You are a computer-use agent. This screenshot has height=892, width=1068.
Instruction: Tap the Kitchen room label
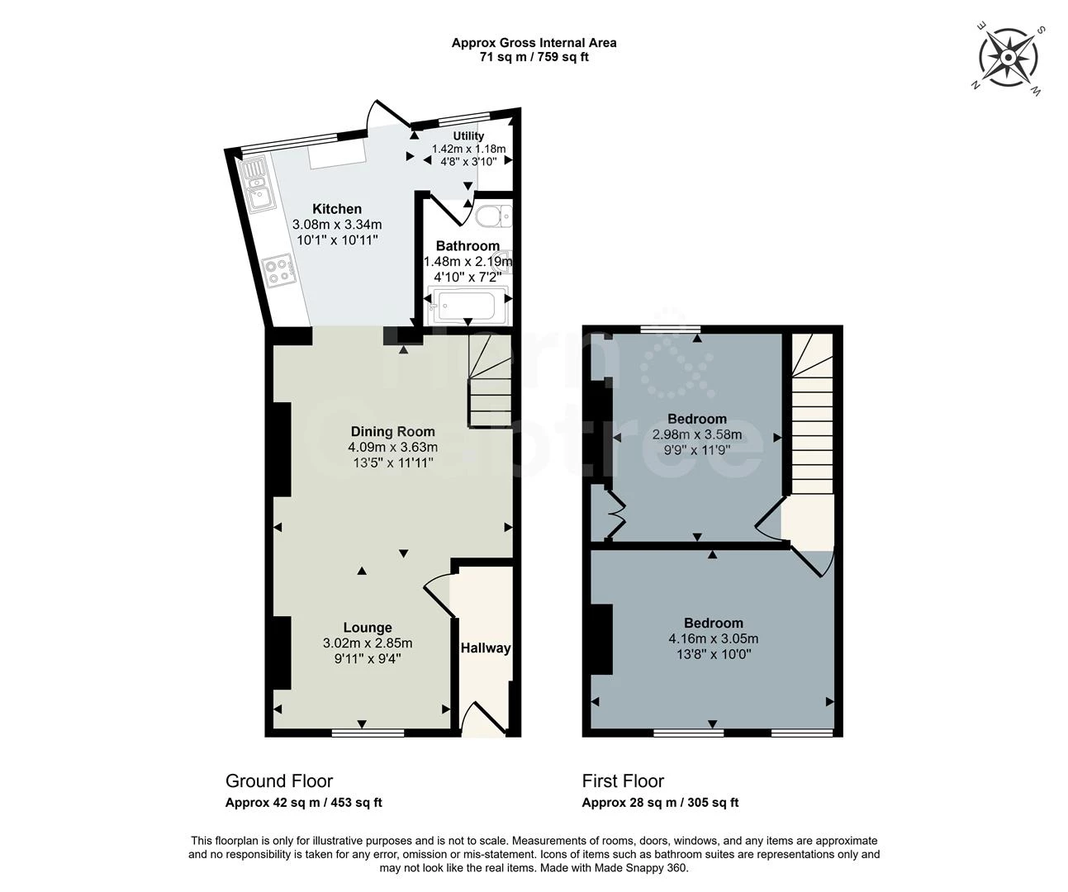point(336,209)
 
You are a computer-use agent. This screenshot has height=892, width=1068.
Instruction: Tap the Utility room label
point(468,136)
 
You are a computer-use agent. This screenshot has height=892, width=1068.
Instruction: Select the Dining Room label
point(392,431)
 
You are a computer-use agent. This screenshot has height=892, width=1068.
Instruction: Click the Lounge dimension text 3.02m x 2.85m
point(368,643)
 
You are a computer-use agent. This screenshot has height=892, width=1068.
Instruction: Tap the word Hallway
point(485,648)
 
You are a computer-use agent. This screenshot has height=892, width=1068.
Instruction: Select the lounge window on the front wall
point(368,733)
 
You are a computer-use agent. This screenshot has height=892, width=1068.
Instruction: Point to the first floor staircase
point(809,413)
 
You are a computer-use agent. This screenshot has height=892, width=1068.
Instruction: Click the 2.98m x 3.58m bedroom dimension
point(697,434)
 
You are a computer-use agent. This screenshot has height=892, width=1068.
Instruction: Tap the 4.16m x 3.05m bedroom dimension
point(713,638)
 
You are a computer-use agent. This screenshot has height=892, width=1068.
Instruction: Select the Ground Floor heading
point(279,781)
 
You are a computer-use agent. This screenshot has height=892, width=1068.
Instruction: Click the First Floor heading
point(623,781)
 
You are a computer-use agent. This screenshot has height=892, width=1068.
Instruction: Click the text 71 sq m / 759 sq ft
point(534,57)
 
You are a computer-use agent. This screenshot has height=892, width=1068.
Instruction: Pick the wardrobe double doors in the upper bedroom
point(615,514)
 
